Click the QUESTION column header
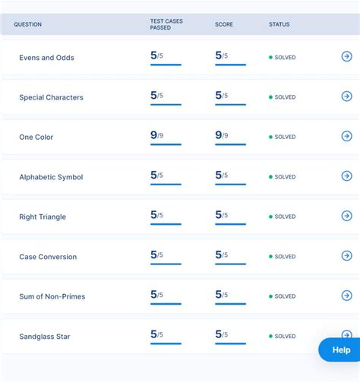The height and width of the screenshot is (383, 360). click(x=27, y=24)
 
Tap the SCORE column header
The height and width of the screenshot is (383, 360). click(x=223, y=24)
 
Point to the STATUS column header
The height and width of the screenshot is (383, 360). click(x=279, y=24)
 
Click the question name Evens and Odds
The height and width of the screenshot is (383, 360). click(x=46, y=58)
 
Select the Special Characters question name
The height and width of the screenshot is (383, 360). click(x=51, y=97)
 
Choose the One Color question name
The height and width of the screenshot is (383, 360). click(x=36, y=138)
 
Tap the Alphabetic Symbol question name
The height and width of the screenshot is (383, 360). click(x=51, y=177)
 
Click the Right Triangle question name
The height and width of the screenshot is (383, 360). click(x=43, y=217)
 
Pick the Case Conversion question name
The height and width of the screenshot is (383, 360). click(x=48, y=257)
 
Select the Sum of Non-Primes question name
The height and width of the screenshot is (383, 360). click(x=52, y=296)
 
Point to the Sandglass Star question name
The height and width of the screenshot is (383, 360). click(x=44, y=336)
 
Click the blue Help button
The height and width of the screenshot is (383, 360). click(x=340, y=350)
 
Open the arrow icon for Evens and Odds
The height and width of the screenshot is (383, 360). click(x=346, y=56)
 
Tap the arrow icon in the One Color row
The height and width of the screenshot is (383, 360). click(x=346, y=136)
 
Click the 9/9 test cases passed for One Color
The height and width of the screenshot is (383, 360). click(x=157, y=135)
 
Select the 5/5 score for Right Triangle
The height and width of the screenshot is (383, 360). click(x=222, y=215)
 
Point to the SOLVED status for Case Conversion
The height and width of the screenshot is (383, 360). click(x=285, y=257)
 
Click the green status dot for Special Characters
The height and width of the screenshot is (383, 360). click(x=270, y=97)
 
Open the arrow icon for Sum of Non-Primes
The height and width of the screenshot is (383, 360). click(x=346, y=295)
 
